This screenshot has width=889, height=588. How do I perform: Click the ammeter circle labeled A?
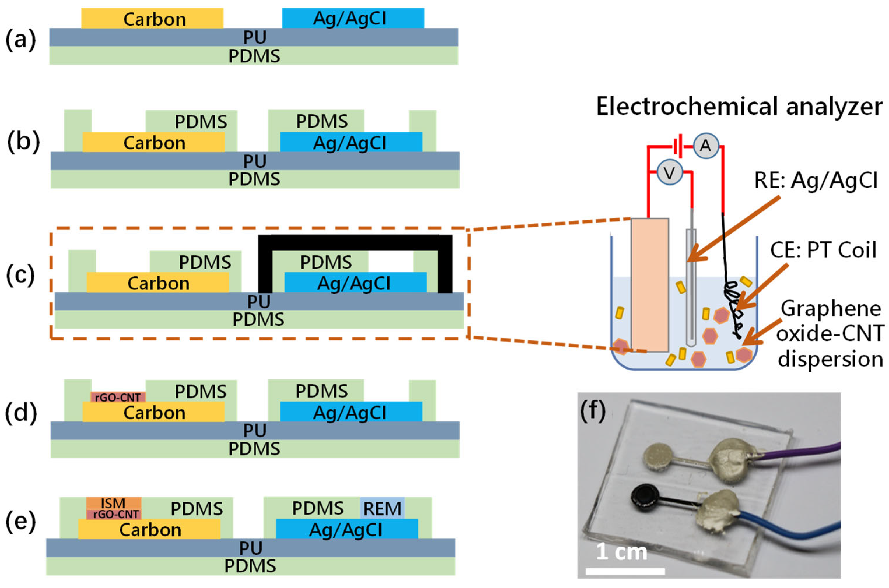tap(705, 146)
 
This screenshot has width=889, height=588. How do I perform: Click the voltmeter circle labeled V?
tap(669, 173)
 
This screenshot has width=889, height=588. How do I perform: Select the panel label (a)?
tap(20, 40)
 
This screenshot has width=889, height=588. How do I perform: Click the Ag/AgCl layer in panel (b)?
tap(351, 142)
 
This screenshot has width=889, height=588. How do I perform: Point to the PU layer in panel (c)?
tap(259, 301)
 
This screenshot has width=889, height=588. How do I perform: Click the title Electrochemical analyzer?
tap(739, 107)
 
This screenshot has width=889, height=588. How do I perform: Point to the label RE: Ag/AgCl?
tap(816, 181)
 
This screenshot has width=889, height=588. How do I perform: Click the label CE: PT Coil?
tap(823, 250)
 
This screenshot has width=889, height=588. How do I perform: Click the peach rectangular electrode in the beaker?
tap(650, 285)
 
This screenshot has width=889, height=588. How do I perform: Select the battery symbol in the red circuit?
tap(678, 146)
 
